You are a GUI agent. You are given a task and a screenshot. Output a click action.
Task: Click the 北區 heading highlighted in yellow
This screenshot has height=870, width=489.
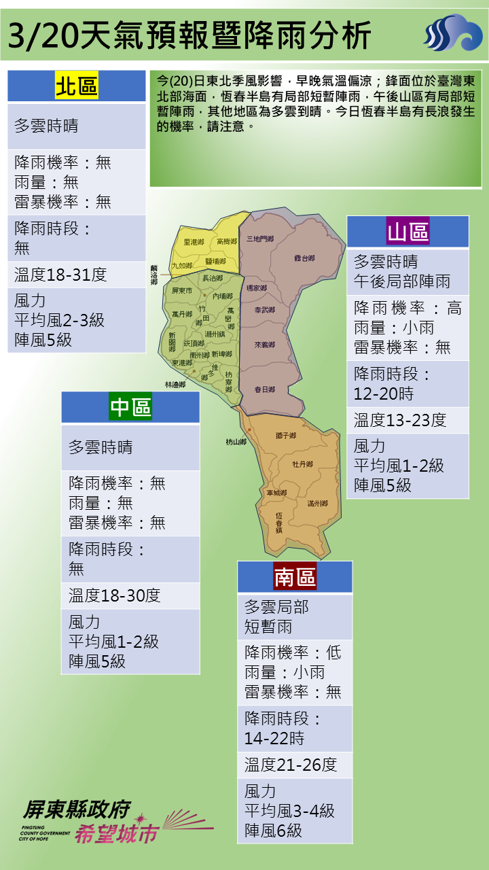pyautogui.click(x=77, y=86)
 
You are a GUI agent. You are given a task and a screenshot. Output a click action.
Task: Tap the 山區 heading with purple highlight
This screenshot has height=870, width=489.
pyautogui.click(x=407, y=232)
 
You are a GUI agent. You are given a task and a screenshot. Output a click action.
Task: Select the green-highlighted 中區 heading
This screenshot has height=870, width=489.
pyautogui.click(x=130, y=407)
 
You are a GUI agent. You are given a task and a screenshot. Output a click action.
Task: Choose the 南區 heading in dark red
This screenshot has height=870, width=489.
pyautogui.click(x=294, y=577)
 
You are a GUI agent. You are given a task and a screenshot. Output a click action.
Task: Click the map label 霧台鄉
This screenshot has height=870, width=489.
pyautogui.click(x=304, y=258)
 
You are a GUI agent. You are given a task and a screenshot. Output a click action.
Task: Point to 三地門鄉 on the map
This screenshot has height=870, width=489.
pyautogui.click(x=260, y=239)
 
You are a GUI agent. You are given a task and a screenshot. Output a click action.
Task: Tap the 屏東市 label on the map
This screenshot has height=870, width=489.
pyautogui.click(x=182, y=291)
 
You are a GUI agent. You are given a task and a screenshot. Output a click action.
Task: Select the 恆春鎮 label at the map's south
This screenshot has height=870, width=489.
pyautogui.click(x=279, y=522)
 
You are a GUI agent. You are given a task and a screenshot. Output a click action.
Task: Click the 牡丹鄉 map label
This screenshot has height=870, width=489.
pyautogui.click(x=302, y=464)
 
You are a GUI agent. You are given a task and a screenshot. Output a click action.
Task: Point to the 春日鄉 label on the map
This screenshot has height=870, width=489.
pyautogui.click(x=264, y=389)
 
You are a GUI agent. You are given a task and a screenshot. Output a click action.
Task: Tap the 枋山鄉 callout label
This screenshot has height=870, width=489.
pyautogui.click(x=236, y=442)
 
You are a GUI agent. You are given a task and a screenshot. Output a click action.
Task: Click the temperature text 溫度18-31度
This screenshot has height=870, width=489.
pyautogui.click(x=60, y=275)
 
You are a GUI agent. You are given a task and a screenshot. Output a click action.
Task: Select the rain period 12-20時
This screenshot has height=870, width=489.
pyautogui.click(x=384, y=394)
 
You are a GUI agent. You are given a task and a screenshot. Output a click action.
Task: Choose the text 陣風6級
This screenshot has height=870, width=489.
pyautogui.click(x=274, y=831)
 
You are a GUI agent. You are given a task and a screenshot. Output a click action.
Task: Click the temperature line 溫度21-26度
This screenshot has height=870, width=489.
pyautogui.click(x=291, y=765)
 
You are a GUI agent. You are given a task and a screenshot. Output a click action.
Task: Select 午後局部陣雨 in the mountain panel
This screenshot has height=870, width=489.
pyautogui.click(x=402, y=281)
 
